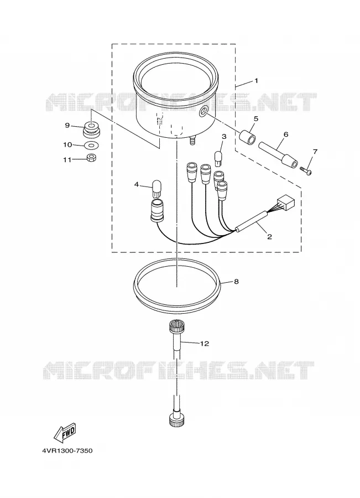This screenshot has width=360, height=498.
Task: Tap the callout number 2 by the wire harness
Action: [269, 236]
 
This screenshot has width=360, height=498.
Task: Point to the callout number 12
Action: [205, 344]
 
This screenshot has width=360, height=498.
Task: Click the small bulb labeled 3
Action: [218, 158]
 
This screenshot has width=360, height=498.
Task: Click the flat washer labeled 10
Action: [92, 146]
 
